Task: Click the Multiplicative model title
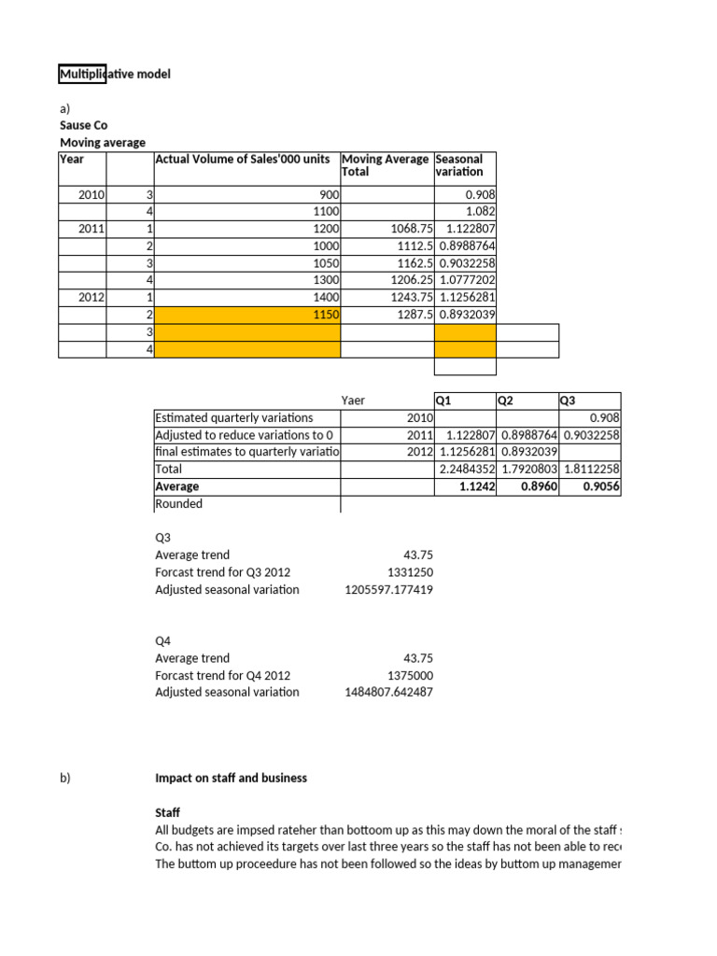pos(116,74)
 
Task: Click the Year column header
pos(72,159)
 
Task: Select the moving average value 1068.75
pos(405,229)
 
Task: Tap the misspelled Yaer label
pos(353,401)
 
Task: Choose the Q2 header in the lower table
pos(506,401)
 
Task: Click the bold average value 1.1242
pos(477,486)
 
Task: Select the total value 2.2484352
pos(466,469)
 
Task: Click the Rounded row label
pos(178,504)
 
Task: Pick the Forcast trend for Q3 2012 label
pos(222,572)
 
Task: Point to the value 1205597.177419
pos(388,590)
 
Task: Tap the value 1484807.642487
pos(388,693)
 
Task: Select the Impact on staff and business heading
pos(231,778)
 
